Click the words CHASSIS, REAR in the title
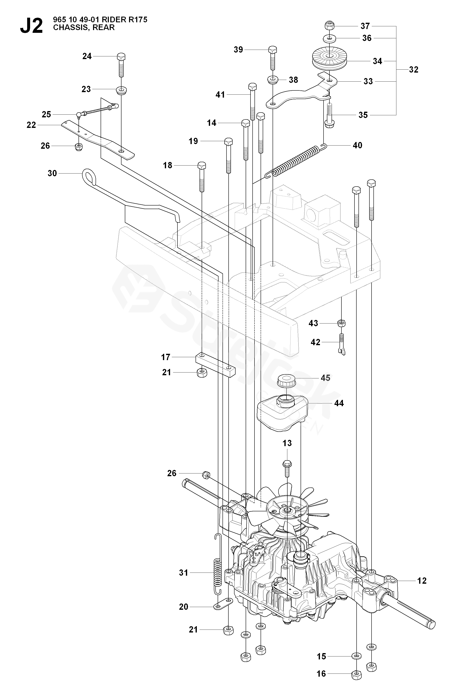pos(84,28)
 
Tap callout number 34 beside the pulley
pos(377,61)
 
